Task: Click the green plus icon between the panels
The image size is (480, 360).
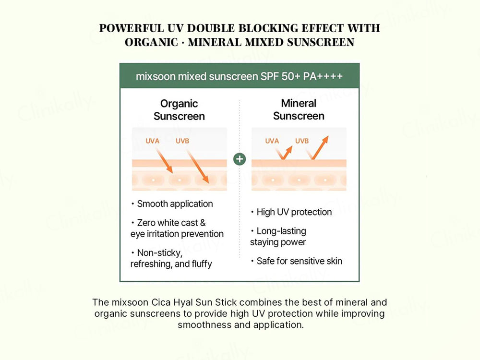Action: [x=240, y=159]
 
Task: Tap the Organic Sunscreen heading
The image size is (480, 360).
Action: [x=179, y=109]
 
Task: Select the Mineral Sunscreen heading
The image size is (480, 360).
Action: [x=299, y=109]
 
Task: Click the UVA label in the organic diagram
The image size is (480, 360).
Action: [x=153, y=141]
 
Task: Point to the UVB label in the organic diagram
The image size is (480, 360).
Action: [x=182, y=141]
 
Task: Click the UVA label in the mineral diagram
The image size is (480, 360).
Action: [x=272, y=141]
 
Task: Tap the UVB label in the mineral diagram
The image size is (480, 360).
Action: [x=302, y=141]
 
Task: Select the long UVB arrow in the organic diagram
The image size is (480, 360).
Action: [x=197, y=166]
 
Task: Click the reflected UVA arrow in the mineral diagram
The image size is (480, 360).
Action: [x=284, y=153]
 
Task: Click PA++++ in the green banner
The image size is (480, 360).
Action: [x=323, y=77]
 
